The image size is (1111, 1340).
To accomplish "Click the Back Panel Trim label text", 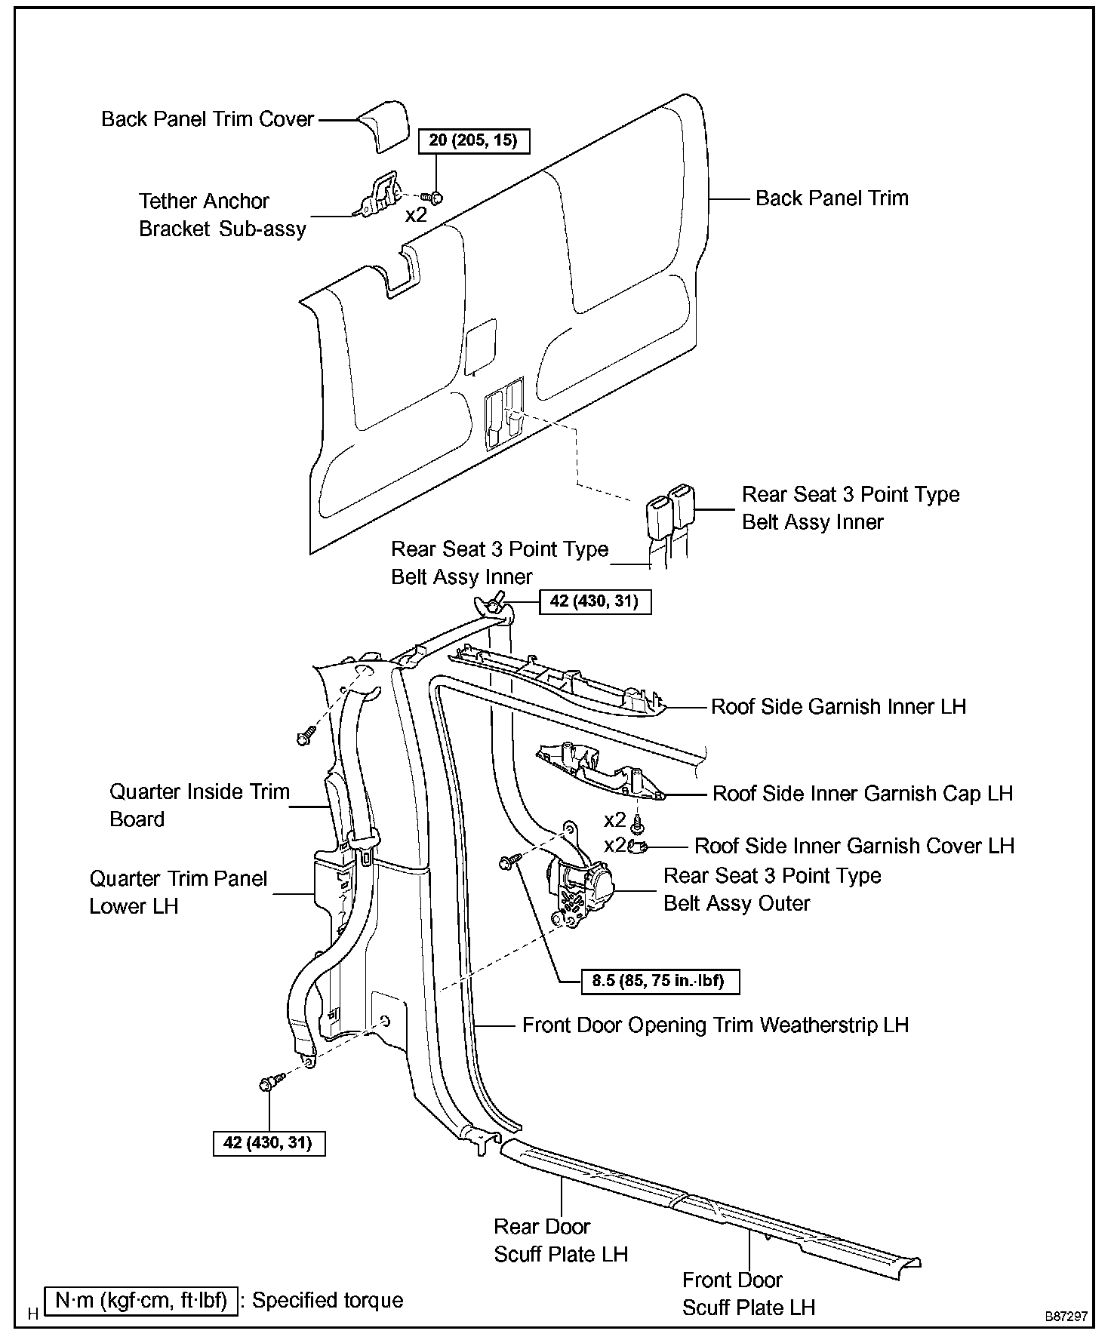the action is [x=832, y=198].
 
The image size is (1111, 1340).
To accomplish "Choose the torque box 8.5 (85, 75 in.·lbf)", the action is [x=659, y=981].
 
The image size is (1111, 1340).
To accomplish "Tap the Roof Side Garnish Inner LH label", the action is [x=839, y=707].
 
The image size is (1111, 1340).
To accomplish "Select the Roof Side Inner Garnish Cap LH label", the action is [x=863, y=794].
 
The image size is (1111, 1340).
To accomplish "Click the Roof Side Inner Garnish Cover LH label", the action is [x=854, y=846].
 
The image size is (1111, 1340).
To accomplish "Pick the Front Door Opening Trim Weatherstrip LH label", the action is [x=716, y=1025].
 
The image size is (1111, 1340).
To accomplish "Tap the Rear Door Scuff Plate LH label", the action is [x=561, y=1240].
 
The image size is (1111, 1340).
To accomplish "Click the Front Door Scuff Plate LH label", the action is [x=749, y=1293].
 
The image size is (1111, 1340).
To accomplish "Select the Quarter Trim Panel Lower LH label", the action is [x=178, y=892].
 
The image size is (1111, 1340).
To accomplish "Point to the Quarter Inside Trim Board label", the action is [x=199, y=805].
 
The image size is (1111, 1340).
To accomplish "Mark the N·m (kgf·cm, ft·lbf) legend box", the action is [x=141, y=1302].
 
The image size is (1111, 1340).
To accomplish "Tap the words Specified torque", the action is [x=328, y=1301].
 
